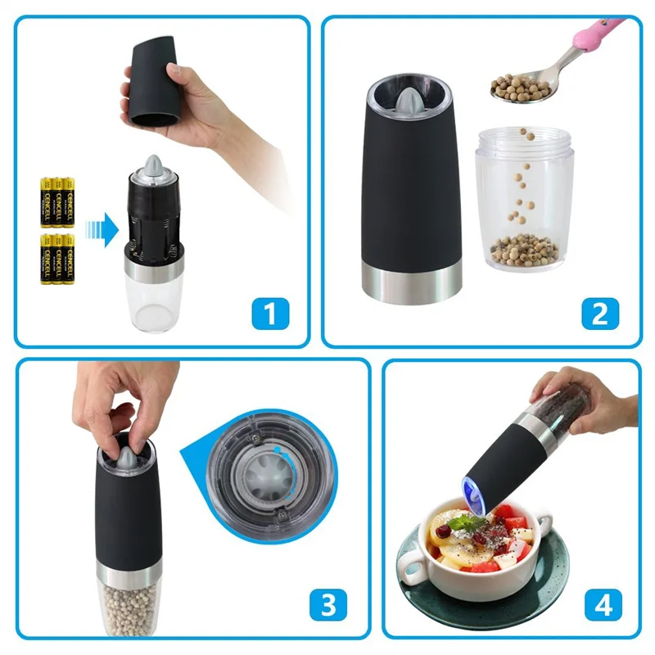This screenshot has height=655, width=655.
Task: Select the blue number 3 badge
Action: (x=327, y=605)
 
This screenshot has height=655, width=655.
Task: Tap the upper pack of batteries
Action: (x=58, y=201)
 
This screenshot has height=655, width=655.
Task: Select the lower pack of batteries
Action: (x=58, y=258)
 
